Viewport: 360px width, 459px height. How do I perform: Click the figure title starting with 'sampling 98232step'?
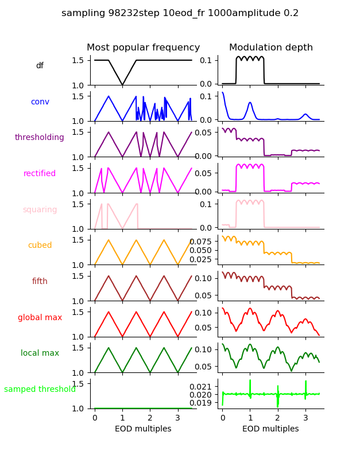coord(180,13)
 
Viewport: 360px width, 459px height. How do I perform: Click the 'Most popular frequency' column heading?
coord(143,48)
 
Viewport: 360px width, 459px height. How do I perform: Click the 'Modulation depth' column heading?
coord(270,48)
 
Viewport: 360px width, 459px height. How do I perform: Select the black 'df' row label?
coord(40,66)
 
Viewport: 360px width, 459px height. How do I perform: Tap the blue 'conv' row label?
coord(40,102)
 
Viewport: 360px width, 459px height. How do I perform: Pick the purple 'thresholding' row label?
coord(40,138)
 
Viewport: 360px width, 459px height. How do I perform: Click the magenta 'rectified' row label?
coord(40,174)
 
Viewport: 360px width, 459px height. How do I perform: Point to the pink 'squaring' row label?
coord(40,210)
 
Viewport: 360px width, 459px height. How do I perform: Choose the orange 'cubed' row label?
coord(40,246)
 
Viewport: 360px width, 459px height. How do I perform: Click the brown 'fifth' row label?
coord(40,282)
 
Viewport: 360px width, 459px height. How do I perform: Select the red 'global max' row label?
coord(40,317)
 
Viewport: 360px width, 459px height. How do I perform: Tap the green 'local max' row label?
coord(40,353)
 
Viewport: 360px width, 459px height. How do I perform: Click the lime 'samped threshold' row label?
coord(40,390)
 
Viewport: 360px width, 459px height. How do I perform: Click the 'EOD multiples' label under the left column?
coord(143,429)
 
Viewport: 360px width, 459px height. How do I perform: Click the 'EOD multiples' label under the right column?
coord(270,429)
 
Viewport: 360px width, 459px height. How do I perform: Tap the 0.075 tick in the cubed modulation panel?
coord(203,242)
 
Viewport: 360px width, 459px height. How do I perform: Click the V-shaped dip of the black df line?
coord(122,85)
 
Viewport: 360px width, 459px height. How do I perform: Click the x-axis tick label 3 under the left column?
coord(177,418)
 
